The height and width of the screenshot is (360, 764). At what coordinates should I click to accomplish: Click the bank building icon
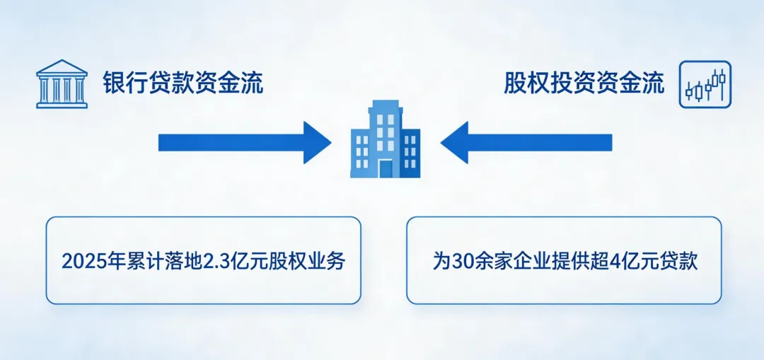click(x=62, y=84)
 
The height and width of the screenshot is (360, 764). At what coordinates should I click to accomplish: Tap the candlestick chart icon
click(x=705, y=84)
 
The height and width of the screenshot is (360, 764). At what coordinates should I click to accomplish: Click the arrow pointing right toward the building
click(x=244, y=142)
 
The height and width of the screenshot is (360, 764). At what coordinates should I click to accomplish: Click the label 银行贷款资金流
click(x=183, y=84)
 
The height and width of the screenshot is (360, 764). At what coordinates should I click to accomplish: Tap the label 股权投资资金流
click(x=584, y=84)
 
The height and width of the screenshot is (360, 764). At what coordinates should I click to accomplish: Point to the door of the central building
click(x=385, y=168)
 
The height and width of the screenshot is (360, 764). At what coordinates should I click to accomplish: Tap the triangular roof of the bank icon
click(x=62, y=68)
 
